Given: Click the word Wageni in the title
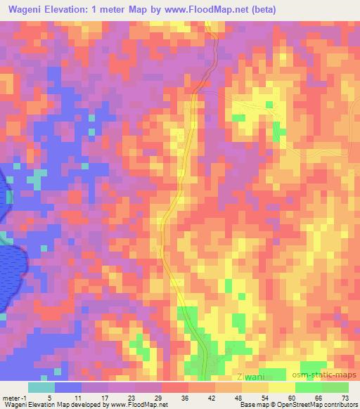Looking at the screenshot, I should click(x=26, y=10).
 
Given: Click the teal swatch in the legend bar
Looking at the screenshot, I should click(x=41, y=387).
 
